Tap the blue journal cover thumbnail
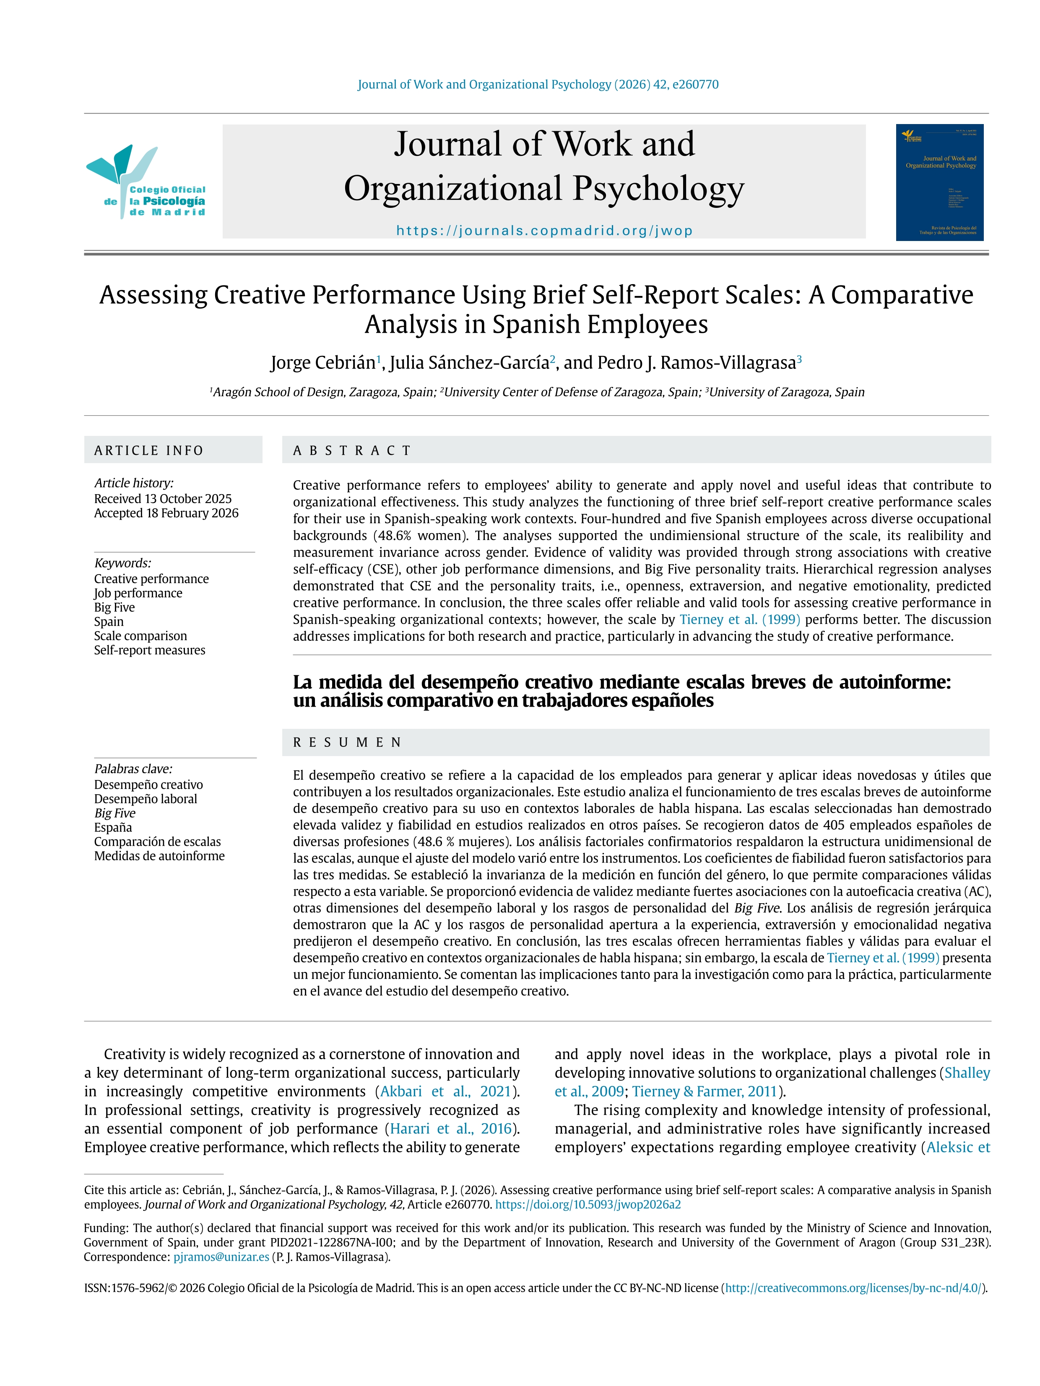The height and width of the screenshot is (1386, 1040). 939,182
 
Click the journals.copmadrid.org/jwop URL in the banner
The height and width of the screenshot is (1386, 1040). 544,231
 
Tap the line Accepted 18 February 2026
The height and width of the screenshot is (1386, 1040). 166,513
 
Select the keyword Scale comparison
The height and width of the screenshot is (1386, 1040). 140,636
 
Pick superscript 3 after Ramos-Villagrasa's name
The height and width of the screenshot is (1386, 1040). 799,358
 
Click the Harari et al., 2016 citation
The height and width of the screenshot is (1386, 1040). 450,1129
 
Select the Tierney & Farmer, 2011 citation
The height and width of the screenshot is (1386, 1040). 705,1091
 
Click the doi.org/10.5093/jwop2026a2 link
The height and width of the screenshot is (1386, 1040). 588,1204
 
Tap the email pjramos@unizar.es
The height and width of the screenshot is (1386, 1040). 221,1257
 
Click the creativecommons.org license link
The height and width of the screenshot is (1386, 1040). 853,1288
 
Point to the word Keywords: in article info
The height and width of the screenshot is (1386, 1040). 122,563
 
